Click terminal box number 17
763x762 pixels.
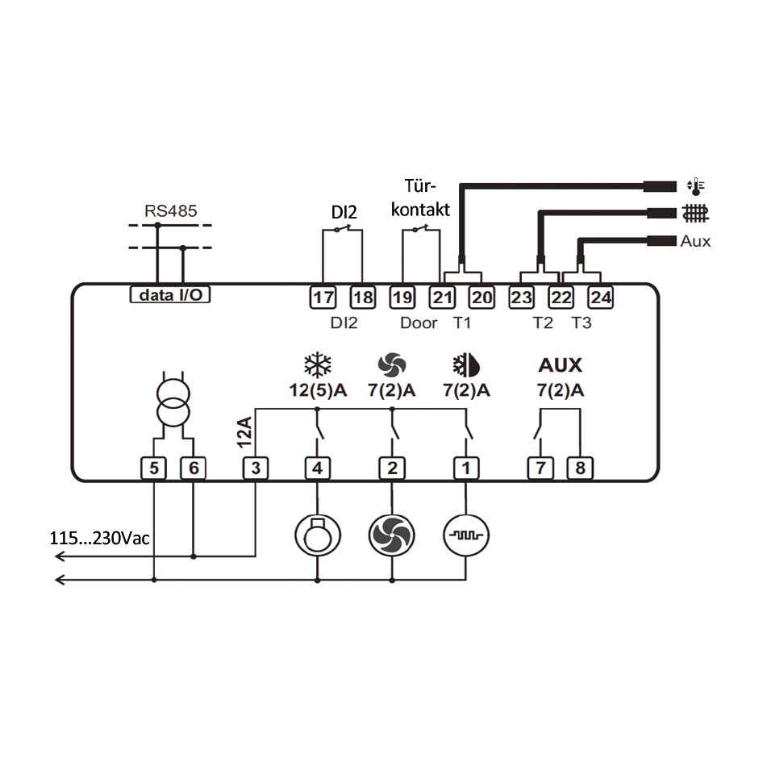click(x=323, y=298)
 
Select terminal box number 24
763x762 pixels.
click(x=600, y=298)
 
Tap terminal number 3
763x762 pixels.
click(x=255, y=467)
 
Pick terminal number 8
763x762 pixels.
click(x=579, y=467)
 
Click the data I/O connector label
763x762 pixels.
click(x=170, y=295)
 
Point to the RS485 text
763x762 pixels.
click(x=170, y=211)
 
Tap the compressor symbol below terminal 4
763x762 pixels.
click(x=316, y=533)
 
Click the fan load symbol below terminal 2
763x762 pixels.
click(x=391, y=533)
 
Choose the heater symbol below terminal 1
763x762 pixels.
click(x=466, y=533)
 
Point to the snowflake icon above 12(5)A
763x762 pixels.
click(x=317, y=365)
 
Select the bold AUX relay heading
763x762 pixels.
click(x=560, y=365)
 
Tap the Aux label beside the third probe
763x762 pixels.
click(x=695, y=241)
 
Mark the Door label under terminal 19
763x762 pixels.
click(x=419, y=323)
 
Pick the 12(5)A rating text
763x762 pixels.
click(x=318, y=391)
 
